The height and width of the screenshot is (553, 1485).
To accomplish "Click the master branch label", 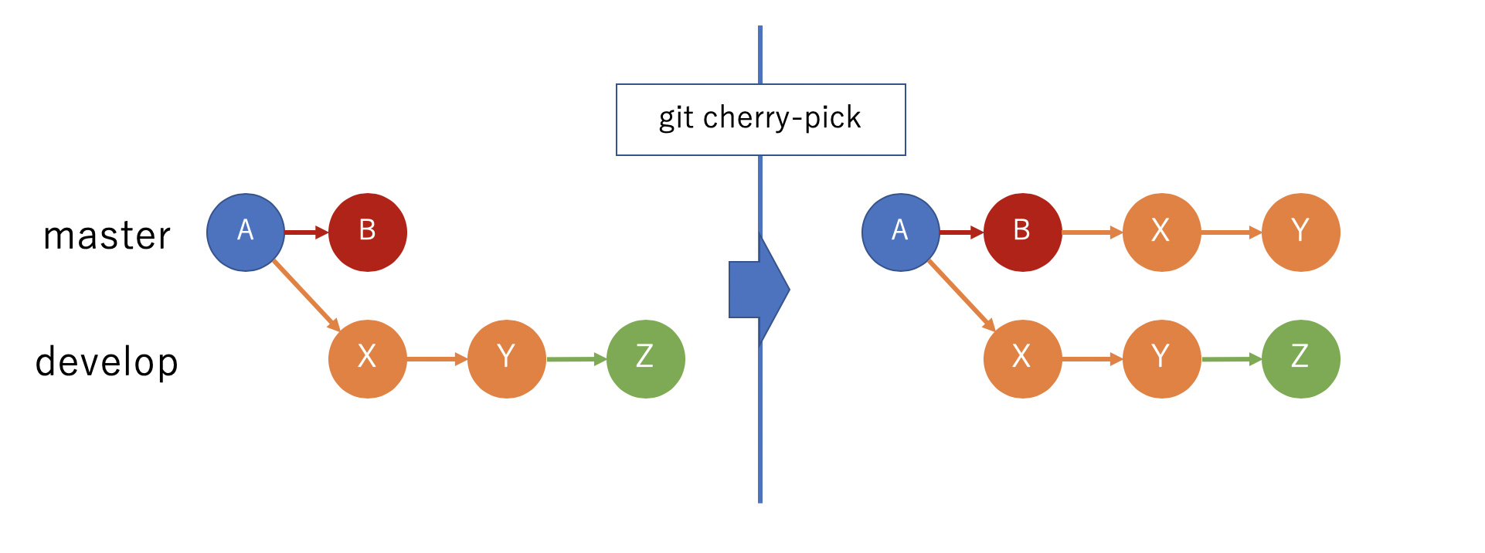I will [107, 236].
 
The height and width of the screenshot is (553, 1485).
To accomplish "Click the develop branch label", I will [107, 361].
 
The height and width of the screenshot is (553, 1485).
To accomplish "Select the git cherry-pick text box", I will [760, 120].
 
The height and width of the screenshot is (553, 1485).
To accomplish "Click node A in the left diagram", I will [246, 232].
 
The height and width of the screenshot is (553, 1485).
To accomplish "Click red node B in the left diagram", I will [368, 232].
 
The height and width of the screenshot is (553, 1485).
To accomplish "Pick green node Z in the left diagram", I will [645, 359].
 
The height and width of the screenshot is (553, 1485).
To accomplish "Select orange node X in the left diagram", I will [368, 359].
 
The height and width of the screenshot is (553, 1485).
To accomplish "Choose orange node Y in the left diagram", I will [506, 359].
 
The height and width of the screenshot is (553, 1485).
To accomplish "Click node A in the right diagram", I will [900, 232].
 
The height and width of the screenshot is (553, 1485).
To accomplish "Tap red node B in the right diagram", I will [1022, 232].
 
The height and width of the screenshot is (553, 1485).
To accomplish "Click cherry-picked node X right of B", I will [1161, 232].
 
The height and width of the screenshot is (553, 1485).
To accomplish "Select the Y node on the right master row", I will [1300, 232].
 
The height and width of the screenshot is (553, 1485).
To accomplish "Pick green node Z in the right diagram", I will [1300, 359].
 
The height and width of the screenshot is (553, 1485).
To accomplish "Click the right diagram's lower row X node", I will [1022, 359].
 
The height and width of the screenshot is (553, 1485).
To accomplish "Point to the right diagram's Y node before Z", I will [1161, 359].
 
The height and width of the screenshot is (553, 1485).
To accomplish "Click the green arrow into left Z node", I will [576, 359].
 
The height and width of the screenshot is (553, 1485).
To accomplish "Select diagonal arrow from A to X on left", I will [305, 295].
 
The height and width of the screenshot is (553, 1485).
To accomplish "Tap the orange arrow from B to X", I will [1092, 232].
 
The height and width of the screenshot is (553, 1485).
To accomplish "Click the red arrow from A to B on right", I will [961, 232].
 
